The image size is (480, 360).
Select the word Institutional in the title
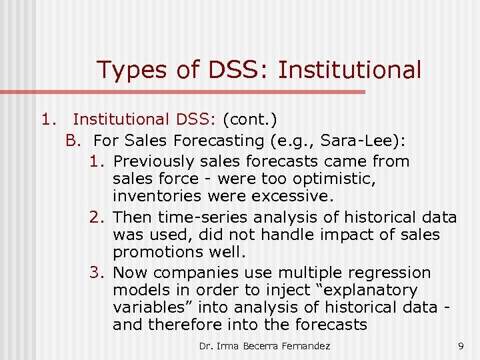[349, 69]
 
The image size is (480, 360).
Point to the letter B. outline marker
[73, 141]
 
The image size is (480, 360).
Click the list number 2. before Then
[97, 217]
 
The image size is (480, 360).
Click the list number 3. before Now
[97, 273]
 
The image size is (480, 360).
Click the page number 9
[461, 346]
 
